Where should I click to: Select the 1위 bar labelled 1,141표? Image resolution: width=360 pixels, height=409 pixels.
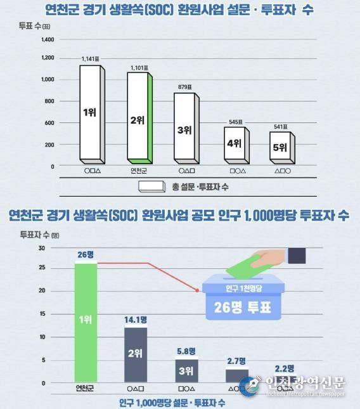coord(89,113)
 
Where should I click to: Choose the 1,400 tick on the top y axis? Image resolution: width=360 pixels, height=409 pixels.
coord(48,39)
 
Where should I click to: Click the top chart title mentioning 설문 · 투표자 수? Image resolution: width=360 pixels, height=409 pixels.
coord(180,10)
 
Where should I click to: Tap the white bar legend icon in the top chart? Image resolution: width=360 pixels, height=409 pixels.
coord(151,186)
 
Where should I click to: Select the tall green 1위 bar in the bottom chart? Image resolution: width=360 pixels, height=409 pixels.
coord(87,320)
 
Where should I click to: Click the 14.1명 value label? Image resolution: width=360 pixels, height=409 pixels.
coord(136,320)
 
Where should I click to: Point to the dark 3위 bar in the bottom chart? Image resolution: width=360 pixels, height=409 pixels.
coord(186,370)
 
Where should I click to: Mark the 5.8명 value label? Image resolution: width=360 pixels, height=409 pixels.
coord(186,351)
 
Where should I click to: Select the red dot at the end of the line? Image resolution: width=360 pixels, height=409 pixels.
coord(198,291)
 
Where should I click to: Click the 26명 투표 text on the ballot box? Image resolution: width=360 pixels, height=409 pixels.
coord(241,308)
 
